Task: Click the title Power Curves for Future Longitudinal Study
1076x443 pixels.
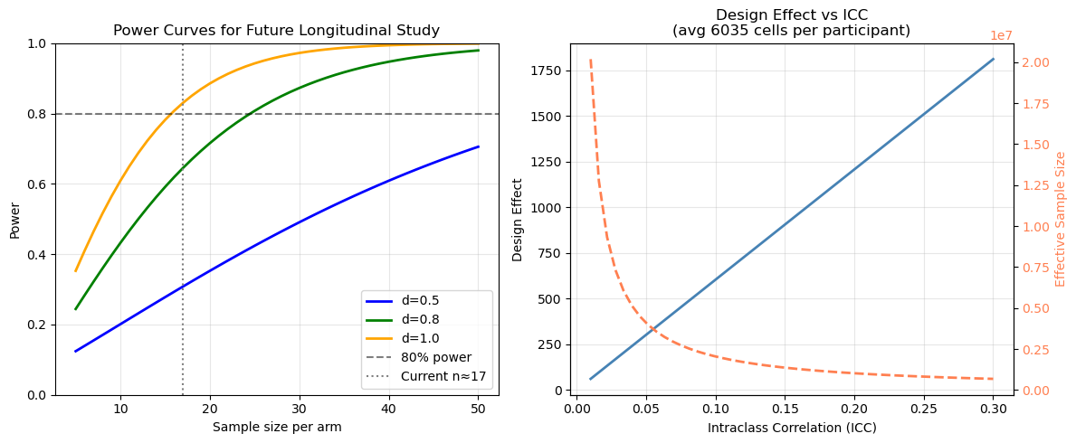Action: coord(276,31)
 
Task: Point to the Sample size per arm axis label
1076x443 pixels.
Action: coord(277,427)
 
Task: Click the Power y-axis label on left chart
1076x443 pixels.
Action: coord(14,220)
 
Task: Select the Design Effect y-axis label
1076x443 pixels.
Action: coord(518,220)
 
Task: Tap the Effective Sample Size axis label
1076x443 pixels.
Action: coord(1061,220)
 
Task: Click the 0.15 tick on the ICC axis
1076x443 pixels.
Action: coord(786,408)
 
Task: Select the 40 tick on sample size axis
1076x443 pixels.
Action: coord(389,408)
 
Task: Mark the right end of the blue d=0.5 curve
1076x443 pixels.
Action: coord(478,146)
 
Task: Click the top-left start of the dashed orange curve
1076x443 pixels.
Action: coord(591,61)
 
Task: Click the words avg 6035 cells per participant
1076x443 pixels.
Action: coord(791,31)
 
